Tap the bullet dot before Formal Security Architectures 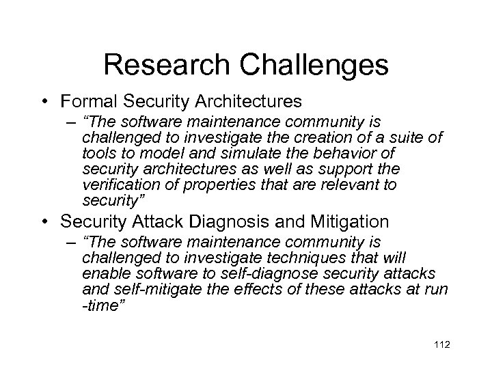pyautogui.click(x=43, y=102)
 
